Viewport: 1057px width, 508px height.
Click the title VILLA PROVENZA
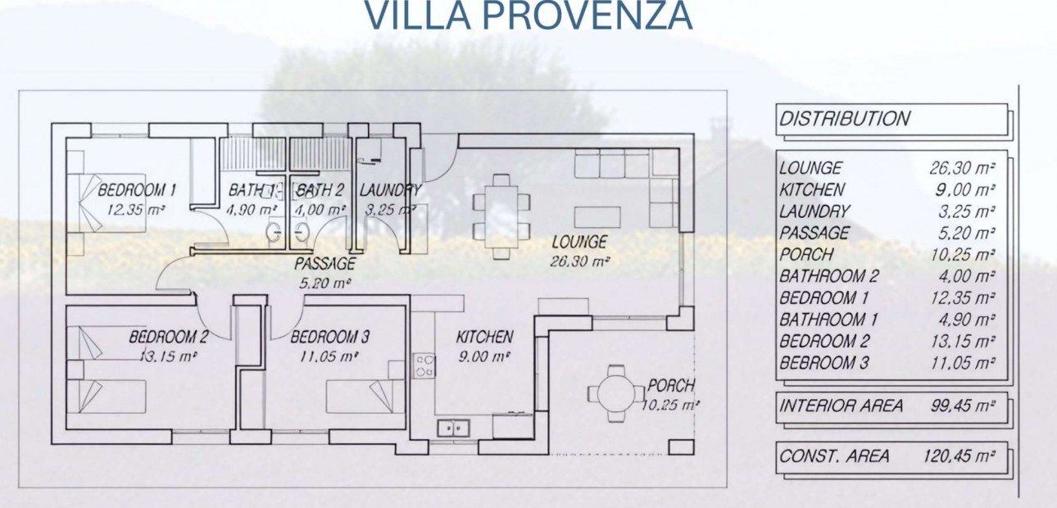coord(528,16)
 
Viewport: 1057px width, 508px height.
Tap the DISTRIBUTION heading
coord(844,119)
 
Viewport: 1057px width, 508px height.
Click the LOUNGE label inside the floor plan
coord(579,243)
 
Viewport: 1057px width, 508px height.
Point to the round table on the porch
coord(616,393)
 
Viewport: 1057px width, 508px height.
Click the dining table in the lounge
coord(501,216)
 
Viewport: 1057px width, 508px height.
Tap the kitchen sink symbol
coord(452,427)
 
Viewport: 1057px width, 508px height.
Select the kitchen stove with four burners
coord(424,365)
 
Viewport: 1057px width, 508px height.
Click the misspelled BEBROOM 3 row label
coord(823,363)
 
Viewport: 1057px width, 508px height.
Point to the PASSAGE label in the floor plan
coord(325,264)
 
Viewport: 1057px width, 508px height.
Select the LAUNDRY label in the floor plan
coord(391,191)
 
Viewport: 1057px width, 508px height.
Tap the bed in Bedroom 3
coord(365,397)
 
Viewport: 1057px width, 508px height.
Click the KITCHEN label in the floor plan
coord(484,337)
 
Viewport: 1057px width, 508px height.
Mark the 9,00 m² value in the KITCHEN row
coord(968,190)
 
